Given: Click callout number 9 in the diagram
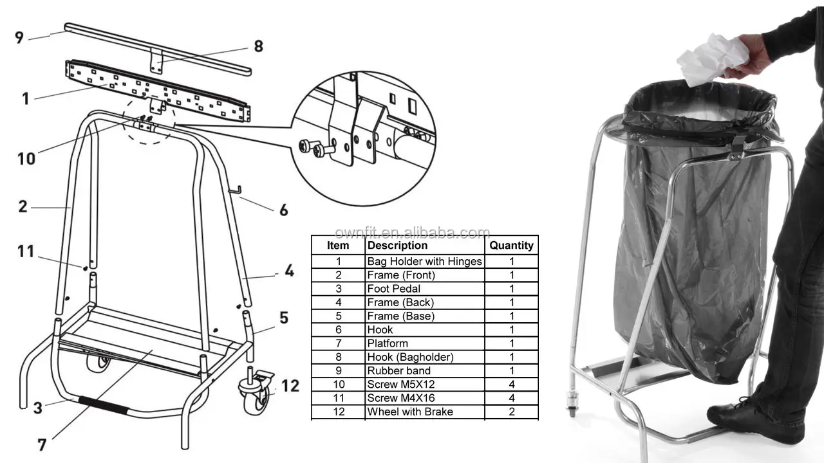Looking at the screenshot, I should [x=19, y=37].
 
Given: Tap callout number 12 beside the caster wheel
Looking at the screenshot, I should [x=290, y=386].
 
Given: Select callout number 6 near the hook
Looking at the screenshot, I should [x=283, y=210].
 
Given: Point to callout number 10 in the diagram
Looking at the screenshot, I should [x=26, y=158].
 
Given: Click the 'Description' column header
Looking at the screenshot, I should [x=397, y=245].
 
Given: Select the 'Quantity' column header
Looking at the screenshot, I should [x=511, y=245].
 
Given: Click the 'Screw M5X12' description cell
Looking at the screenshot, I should [x=401, y=385].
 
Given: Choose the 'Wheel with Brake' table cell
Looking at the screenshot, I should [x=410, y=412].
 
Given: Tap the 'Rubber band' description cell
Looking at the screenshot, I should [x=398, y=370].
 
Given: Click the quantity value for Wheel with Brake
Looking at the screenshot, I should [x=511, y=412].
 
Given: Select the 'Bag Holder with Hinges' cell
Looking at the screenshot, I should [x=424, y=261].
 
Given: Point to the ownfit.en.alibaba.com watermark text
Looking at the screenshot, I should [x=412, y=233].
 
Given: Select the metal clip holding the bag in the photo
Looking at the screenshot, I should [x=737, y=147].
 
